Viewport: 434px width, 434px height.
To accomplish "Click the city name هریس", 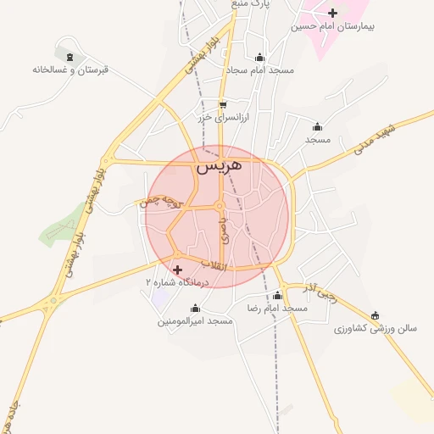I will pyautogui.click(x=219, y=167).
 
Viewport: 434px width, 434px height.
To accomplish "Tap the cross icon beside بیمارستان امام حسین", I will pyautogui.click(x=332, y=13).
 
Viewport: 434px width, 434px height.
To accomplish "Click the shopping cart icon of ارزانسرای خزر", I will pyautogui.click(x=222, y=105).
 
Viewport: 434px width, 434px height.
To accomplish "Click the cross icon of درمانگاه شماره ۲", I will pyautogui.click(x=177, y=270).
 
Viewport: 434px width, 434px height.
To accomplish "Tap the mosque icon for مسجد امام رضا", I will pyautogui.click(x=278, y=295).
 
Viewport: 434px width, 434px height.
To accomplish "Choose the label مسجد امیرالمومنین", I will pyautogui.click(x=195, y=322).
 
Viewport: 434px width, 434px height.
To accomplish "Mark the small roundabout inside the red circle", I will pyautogui.click(x=219, y=206).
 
